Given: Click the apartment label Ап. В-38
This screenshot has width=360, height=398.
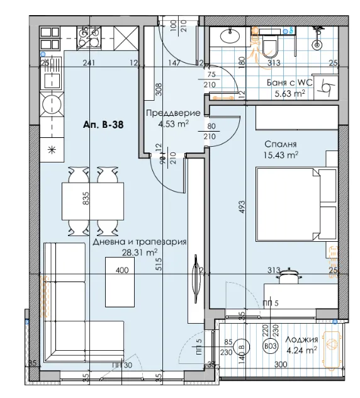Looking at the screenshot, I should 102,125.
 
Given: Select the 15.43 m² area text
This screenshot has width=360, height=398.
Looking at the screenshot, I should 281,154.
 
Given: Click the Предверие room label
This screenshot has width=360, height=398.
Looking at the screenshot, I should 172,113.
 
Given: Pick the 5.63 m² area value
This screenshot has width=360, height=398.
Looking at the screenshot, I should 290,93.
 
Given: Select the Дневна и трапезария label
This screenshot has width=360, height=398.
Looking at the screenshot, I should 139,242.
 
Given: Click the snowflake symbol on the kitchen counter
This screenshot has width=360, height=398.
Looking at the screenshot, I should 52,149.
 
